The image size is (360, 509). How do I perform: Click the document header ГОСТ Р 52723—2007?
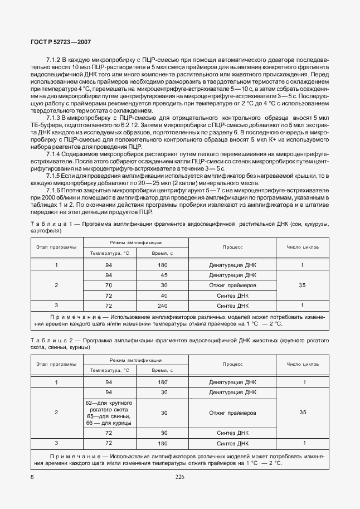click(61, 42)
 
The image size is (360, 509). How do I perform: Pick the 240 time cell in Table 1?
click(163, 306)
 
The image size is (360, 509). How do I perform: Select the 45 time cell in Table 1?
click(164, 275)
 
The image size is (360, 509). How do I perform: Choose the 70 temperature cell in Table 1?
click(109, 285)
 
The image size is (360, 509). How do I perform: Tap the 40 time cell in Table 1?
click(164, 295)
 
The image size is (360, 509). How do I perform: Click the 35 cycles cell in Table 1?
click(302, 285)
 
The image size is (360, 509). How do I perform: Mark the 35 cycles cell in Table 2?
click(302, 413)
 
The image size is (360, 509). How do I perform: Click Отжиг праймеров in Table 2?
click(232, 413)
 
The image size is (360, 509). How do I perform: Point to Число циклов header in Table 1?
click(302, 247)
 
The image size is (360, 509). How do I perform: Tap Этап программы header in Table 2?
click(56, 364)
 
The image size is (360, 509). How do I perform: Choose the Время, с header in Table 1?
click(163, 254)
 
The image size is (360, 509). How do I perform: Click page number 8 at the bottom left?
click(32, 477)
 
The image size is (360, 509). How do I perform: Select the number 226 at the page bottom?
click(179, 477)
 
